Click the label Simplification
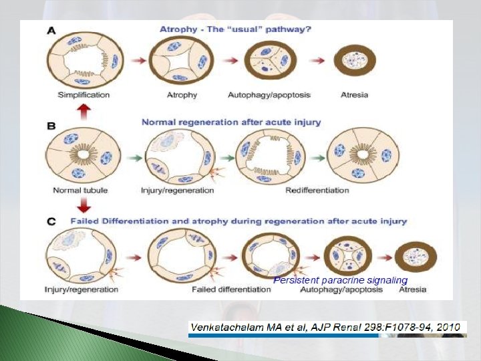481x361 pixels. pos(84,95)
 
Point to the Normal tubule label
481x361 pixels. pos(80,191)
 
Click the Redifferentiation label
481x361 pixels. pos(317,191)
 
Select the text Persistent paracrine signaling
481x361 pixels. pos(340,280)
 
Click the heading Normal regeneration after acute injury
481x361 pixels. pos(231,122)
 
